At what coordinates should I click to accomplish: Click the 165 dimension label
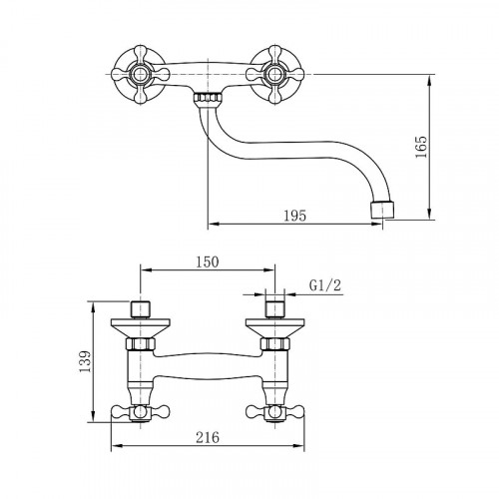click(x=420, y=147)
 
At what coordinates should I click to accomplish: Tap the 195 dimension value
click(x=294, y=216)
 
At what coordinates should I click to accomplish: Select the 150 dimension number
click(x=207, y=262)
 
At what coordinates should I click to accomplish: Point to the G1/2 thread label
click(x=325, y=285)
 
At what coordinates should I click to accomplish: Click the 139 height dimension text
click(x=85, y=361)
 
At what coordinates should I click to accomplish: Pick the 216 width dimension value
click(x=208, y=437)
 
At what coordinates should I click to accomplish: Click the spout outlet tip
click(x=383, y=209)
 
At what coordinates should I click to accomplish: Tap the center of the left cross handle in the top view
click(x=140, y=75)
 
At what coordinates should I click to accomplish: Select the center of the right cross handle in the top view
click(x=275, y=75)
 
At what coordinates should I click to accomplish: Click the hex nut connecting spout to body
click(x=208, y=98)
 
